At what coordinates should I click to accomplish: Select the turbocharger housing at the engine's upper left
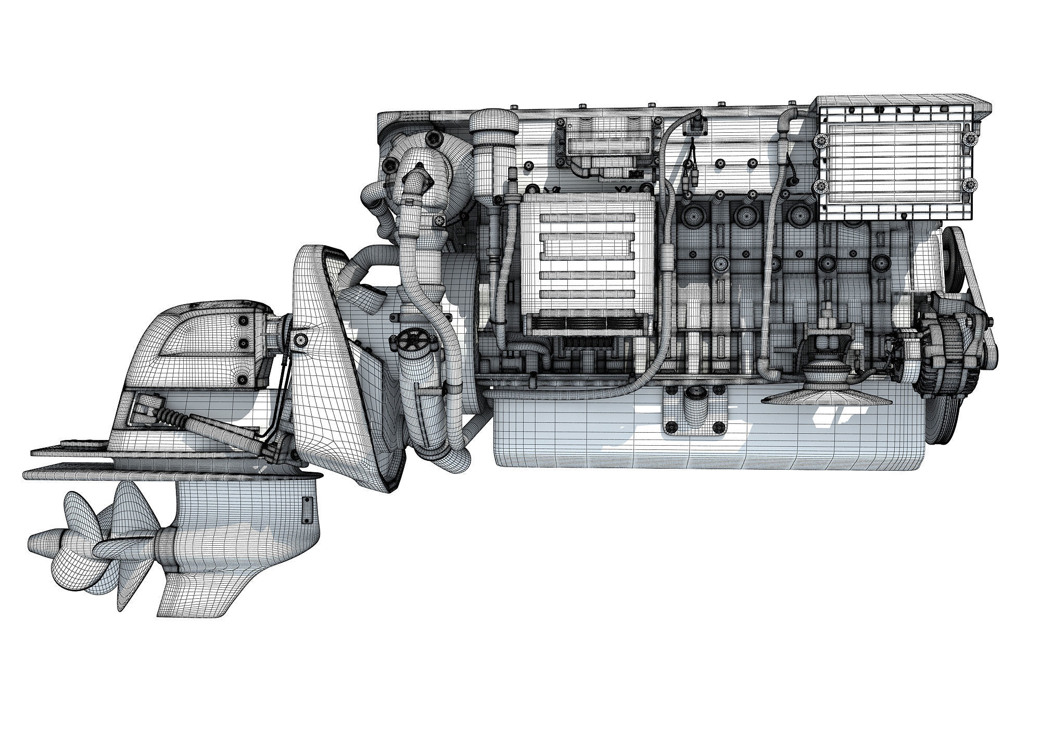point(422,172)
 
